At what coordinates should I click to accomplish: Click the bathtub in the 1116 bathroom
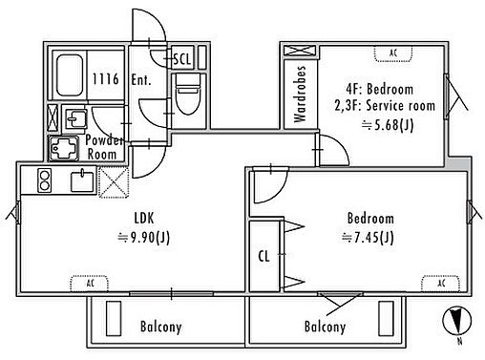(x=69, y=75)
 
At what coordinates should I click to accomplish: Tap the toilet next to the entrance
(x=188, y=95)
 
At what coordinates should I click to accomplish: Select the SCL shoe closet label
(x=182, y=59)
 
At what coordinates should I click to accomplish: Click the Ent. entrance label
(x=140, y=79)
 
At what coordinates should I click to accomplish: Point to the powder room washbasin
(x=75, y=118)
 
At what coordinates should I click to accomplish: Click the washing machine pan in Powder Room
(x=64, y=148)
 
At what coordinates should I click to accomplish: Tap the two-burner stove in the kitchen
(x=44, y=180)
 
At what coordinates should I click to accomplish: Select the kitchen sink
(x=82, y=181)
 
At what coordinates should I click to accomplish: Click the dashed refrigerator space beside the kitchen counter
(x=114, y=182)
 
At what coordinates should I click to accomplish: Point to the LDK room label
(x=144, y=219)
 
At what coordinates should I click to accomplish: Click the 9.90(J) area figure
(x=144, y=238)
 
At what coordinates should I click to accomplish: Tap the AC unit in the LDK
(x=90, y=284)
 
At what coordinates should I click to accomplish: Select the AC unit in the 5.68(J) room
(x=393, y=53)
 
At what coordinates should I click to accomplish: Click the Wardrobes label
(x=300, y=95)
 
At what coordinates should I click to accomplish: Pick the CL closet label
(x=264, y=256)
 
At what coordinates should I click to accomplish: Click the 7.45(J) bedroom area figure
(x=368, y=238)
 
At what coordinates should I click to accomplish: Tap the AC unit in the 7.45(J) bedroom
(x=441, y=284)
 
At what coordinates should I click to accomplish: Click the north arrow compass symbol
(x=457, y=321)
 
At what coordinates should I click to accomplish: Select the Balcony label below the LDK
(x=161, y=327)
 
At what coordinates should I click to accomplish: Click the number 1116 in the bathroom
(x=105, y=79)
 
